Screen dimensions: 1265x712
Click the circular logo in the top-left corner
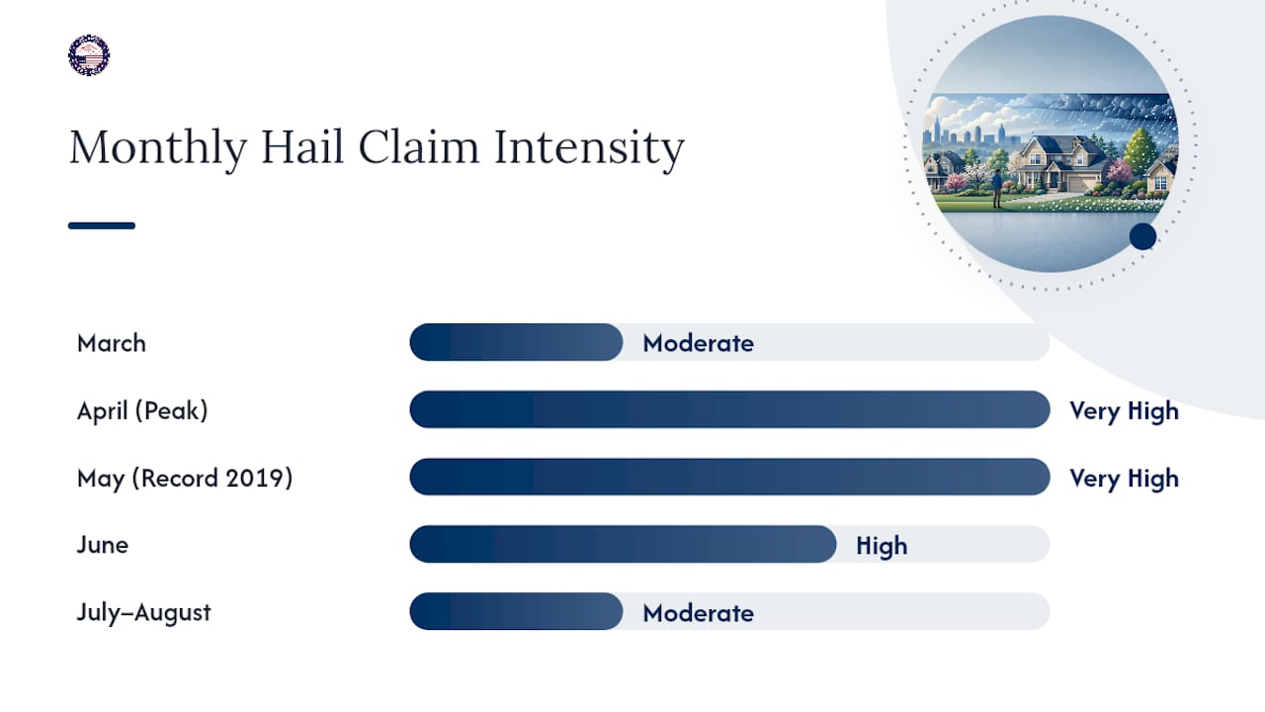[x=89, y=55]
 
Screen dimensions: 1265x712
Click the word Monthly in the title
[x=158, y=148]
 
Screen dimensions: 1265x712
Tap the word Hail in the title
[x=302, y=146]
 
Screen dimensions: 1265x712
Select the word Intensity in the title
[x=589, y=148]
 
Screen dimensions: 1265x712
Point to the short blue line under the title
[x=102, y=225]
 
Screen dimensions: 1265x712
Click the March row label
[x=112, y=343]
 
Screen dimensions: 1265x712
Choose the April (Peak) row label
[x=142, y=410]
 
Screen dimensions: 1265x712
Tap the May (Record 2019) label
[x=185, y=478]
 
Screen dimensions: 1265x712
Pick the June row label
[x=102, y=545]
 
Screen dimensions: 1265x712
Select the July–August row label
[x=143, y=612]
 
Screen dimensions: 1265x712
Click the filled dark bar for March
[x=516, y=342]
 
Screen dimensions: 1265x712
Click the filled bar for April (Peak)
[x=729, y=409]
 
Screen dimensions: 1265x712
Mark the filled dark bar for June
[x=623, y=544]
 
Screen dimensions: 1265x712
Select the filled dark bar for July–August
[x=516, y=611]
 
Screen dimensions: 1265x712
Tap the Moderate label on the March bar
[x=698, y=343]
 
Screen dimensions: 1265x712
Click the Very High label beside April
[x=1124, y=410]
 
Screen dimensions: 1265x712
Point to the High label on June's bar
[x=882, y=546]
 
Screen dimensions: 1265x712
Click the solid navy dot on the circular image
[x=1143, y=236]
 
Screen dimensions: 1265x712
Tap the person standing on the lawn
[x=997, y=189]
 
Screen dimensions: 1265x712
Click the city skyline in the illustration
[x=972, y=133]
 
